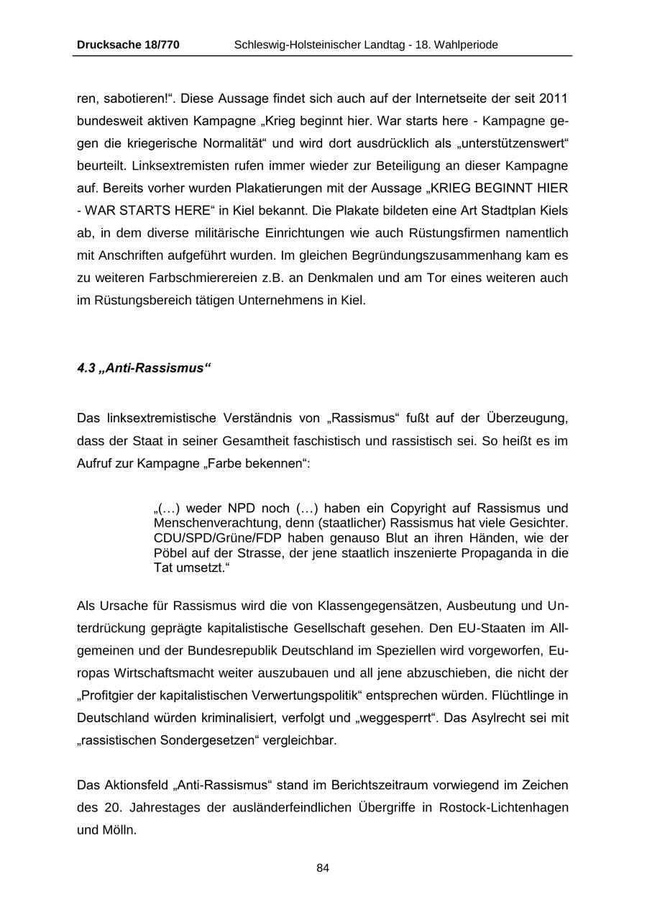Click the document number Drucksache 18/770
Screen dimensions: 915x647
click(128, 45)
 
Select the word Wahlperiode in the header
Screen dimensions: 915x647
click(466, 45)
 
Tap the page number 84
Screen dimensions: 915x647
click(323, 868)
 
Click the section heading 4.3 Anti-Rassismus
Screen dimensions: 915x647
click(144, 368)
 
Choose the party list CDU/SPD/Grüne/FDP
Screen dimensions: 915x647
click(216, 538)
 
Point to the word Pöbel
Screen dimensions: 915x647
click(170, 553)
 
